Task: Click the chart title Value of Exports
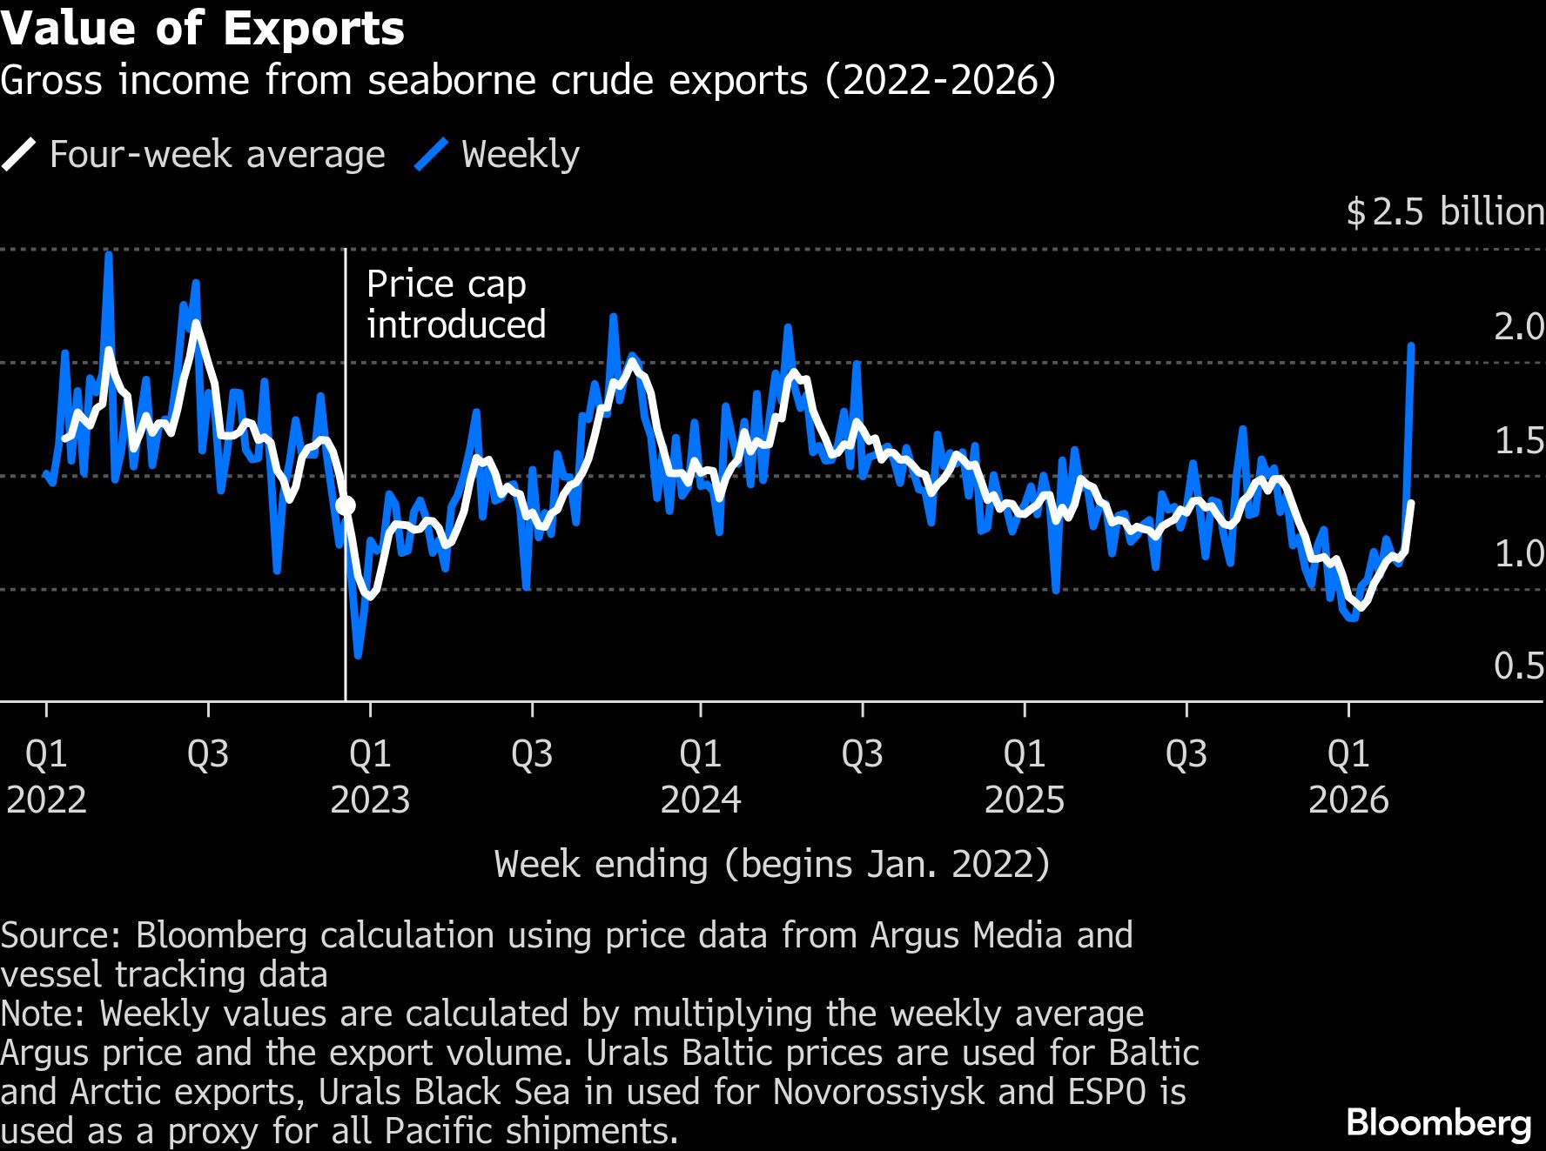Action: pos(202,28)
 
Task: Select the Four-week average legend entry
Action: pos(193,155)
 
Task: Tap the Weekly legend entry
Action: pos(498,155)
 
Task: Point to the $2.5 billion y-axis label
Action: pos(1445,212)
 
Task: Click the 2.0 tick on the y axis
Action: pos(1518,326)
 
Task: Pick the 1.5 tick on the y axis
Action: pos(1518,441)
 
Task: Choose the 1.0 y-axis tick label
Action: pos(1518,553)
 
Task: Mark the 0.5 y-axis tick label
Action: pos(1518,666)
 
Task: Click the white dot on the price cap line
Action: pos(346,505)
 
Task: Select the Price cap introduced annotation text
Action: pos(455,304)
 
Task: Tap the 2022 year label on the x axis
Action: pos(46,800)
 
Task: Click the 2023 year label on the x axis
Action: pos(370,800)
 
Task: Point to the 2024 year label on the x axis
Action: pos(701,800)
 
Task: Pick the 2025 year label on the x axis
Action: pos(1025,800)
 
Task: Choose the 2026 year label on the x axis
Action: pos(1348,800)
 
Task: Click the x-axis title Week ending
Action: pos(772,865)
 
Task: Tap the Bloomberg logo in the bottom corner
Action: pos(1438,1123)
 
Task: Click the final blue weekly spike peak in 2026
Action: pos(1411,345)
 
